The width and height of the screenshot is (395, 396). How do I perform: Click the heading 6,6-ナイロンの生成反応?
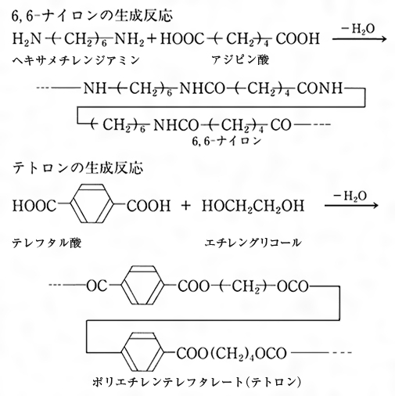(92, 16)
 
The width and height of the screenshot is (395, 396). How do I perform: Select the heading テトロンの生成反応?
(77, 168)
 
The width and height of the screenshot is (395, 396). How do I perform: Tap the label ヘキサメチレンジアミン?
(76, 60)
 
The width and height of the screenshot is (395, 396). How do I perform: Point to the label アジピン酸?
(240, 60)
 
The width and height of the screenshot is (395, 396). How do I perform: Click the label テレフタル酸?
(47, 243)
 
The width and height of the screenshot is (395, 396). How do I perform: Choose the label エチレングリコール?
(253, 243)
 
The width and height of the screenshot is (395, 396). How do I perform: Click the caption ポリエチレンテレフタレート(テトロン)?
(197, 383)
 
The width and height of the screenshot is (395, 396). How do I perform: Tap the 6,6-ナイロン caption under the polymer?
(226, 141)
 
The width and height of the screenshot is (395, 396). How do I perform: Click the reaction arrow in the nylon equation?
(360, 39)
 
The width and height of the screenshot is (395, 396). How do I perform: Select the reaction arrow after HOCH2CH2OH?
(351, 206)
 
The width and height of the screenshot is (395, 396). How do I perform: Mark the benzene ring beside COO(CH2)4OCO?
(142, 352)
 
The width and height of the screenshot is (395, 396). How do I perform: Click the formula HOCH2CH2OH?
(253, 206)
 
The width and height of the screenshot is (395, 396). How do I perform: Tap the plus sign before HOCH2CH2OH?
(186, 206)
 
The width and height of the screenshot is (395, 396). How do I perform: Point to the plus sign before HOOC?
(152, 39)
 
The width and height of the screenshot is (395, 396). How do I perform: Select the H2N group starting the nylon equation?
(27, 39)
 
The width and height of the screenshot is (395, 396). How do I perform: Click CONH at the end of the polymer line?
(320, 88)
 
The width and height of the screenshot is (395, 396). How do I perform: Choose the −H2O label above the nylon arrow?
(358, 30)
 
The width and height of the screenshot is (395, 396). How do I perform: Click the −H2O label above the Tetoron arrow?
(350, 196)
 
